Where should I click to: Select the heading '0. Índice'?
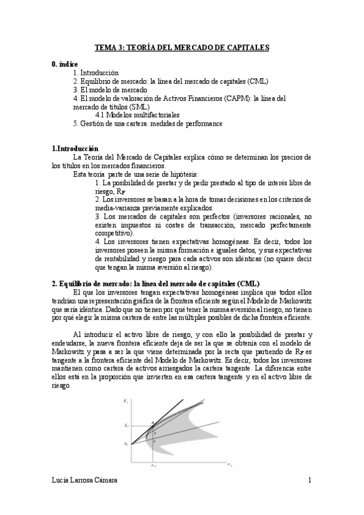point(65,63)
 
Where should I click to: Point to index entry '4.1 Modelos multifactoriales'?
point(137,115)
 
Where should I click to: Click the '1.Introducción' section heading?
point(75,148)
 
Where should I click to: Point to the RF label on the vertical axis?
point(125,445)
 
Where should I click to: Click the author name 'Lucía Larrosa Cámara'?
point(83,480)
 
